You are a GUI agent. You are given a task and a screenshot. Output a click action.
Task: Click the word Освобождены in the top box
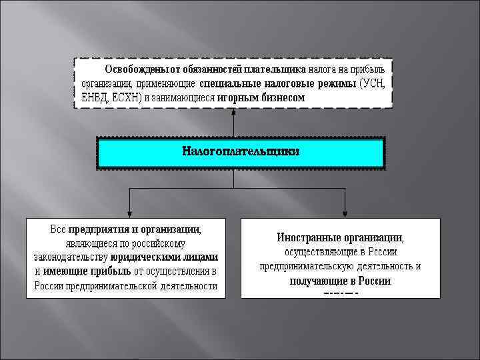(138, 69)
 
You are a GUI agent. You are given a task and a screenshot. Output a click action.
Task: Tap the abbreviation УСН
(373, 83)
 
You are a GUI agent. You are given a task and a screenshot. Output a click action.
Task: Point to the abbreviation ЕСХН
(127, 97)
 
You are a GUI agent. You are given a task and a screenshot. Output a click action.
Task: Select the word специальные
(229, 83)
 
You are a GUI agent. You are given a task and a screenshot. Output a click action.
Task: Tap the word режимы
(337, 83)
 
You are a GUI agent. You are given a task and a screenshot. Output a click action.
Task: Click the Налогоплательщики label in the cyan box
(241, 151)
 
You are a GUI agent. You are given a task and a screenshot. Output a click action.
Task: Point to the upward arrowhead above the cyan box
(234, 115)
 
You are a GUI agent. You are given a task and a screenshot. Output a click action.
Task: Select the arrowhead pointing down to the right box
(345, 213)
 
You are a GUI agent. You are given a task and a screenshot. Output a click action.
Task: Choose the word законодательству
(71, 257)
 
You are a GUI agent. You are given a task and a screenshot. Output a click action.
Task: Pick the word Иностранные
(309, 237)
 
